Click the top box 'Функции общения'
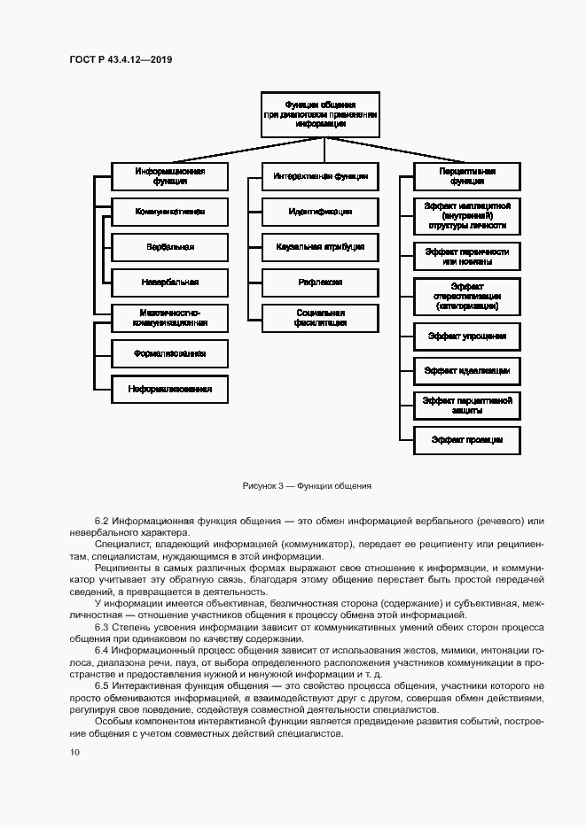(320, 115)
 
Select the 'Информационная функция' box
(169, 175)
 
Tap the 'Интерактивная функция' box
(320, 176)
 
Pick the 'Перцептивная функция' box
(467, 175)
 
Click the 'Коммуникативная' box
(169, 212)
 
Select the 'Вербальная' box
(169, 247)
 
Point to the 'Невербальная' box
(169, 282)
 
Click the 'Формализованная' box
(169, 353)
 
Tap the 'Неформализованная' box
(169, 389)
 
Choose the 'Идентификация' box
(320, 212)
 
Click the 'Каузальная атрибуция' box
(320, 247)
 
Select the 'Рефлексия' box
(320, 282)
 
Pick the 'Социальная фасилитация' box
(320, 317)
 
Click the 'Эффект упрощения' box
(467, 337)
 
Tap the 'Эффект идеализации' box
(467, 371)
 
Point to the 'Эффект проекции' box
(467, 439)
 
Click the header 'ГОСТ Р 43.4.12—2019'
(121, 59)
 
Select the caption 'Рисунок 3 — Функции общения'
(306, 486)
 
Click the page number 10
(74, 753)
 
